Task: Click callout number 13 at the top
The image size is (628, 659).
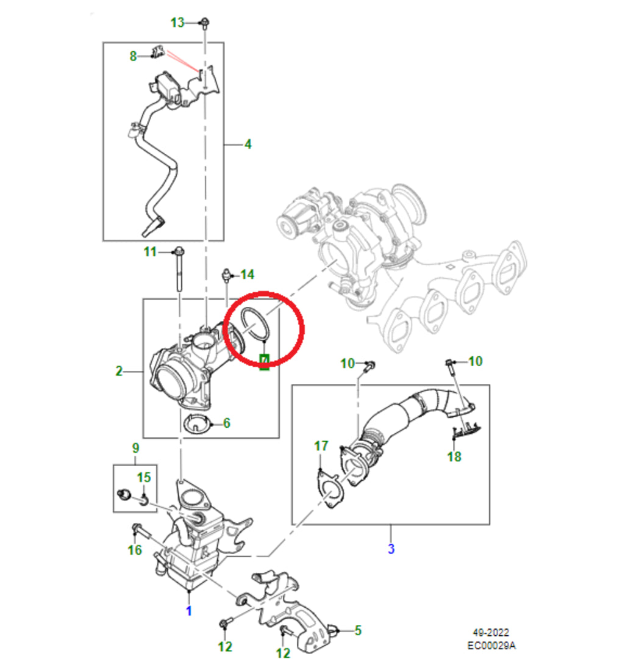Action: pos(177,23)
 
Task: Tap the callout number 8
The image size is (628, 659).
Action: pos(133,56)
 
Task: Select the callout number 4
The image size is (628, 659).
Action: pos(248,145)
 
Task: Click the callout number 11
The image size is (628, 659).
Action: pos(150,251)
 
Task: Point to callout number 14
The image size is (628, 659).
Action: pos(247,275)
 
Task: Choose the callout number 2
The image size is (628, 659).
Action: pos(119,370)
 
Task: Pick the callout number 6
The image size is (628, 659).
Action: pos(226,422)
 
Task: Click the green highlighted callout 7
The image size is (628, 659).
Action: pos(264,363)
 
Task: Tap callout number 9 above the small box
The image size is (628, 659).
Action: pos(135,448)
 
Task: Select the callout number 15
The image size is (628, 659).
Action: pos(143,477)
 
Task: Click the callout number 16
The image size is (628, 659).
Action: pos(135,550)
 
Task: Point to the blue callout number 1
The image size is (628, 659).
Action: pos(188,611)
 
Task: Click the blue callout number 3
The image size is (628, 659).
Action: pos(391,549)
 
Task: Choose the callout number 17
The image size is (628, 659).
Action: pos(321,447)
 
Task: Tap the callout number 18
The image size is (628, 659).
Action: pos(454,456)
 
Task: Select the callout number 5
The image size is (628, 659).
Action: pos(358,629)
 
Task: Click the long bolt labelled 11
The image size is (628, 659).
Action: pos(179,272)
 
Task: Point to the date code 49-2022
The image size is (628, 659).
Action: pos(491,633)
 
